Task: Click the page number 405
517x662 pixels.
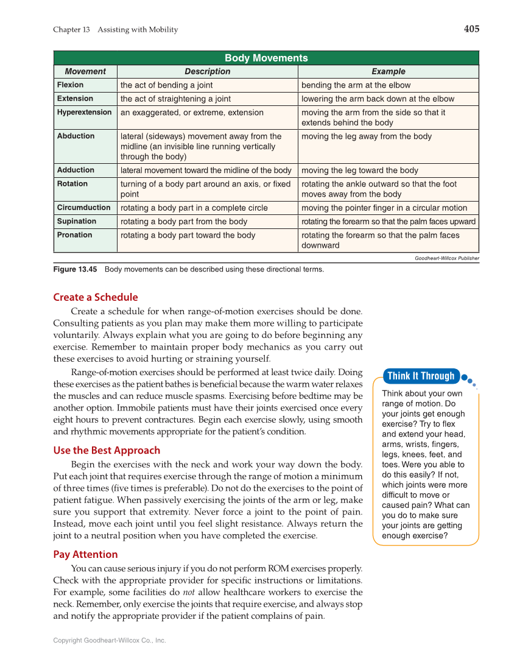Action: coord(471,29)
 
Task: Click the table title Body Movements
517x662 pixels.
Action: coord(266,58)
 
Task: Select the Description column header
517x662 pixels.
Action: coord(207,71)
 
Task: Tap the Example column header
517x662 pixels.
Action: coord(388,71)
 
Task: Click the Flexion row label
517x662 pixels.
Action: coord(70,85)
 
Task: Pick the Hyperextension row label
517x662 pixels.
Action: coord(84,112)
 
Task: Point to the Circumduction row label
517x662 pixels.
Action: coord(83,208)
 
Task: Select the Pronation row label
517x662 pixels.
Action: coord(74,235)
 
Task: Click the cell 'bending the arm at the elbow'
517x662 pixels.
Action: coord(356,85)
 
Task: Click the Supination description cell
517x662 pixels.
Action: coord(183,222)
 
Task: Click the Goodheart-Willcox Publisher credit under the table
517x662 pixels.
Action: coord(446,258)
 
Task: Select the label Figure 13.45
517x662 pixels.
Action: coord(75,269)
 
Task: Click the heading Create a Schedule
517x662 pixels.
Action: coord(96,297)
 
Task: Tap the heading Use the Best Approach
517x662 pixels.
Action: coord(107,451)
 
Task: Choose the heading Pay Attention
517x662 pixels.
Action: coord(85,554)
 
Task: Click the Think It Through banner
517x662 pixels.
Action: coord(421,376)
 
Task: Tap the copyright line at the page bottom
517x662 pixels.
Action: coord(110,641)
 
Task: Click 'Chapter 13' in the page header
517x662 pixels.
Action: coord(72,30)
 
